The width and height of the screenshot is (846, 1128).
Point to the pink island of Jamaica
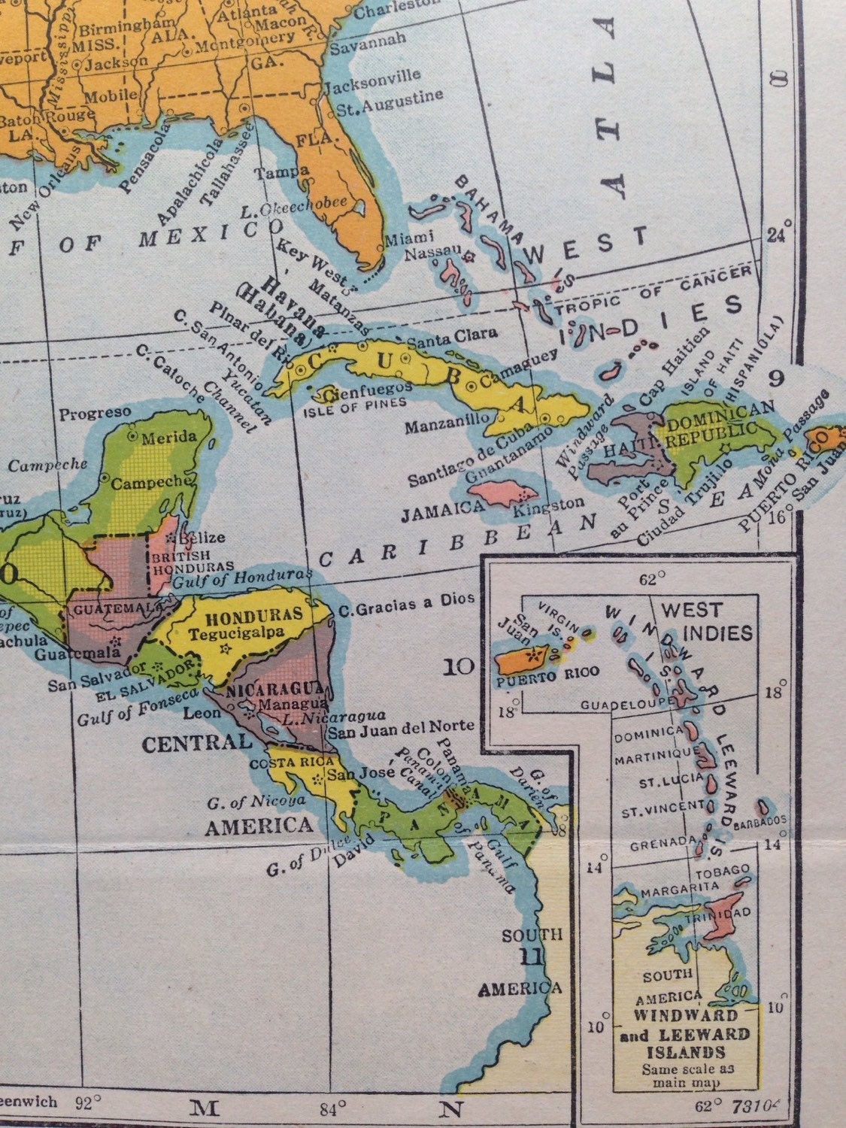pyautogui.click(x=502, y=493)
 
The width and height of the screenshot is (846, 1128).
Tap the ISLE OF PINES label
pyautogui.click(x=355, y=402)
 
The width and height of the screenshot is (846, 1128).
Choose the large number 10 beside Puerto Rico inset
pyautogui.click(x=457, y=666)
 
